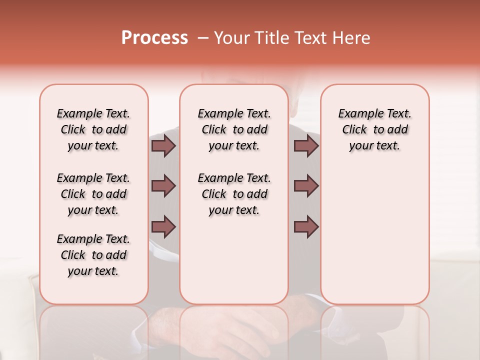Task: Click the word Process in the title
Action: coord(154,38)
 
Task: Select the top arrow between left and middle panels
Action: coord(163,145)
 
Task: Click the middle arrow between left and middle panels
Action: coord(163,186)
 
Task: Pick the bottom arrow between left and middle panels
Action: coord(163,226)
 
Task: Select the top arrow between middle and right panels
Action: coord(306,145)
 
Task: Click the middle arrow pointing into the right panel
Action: coord(306,186)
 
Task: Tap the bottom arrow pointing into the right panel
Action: coord(306,226)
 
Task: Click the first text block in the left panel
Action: coord(93,129)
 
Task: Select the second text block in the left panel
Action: coord(93,194)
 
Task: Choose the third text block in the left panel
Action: coord(93,255)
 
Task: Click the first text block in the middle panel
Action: coord(234,129)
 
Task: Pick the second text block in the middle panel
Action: coord(234,194)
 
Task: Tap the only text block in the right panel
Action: coord(374,129)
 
